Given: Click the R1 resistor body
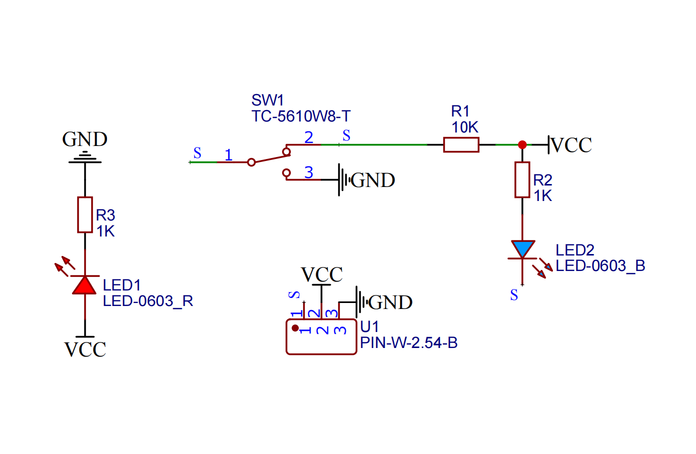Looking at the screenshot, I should [461, 145].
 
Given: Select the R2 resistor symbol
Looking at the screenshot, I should [522, 179].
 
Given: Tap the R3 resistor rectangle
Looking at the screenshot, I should [85, 215].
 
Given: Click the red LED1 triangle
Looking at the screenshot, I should [85, 284].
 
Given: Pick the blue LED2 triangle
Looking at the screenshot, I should [522, 248].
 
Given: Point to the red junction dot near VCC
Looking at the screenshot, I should [522, 145].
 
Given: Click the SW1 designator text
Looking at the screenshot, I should [268, 100].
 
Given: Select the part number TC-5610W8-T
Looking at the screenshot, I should [301, 116].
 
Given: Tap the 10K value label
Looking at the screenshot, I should [465, 127].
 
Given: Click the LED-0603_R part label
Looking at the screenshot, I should [148, 301].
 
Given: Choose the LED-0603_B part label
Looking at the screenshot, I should [600, 266].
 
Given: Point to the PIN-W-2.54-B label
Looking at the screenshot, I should [408, 343].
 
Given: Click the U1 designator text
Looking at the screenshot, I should [370, 327].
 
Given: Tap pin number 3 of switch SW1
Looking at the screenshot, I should [309, 172].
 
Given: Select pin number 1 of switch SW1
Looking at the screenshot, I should [229, 155].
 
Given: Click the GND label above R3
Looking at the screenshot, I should [85, 139].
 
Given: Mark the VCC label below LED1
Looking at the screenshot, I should [85, 349].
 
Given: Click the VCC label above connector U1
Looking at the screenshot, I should [322, 274].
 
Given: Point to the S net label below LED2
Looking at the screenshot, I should [514, 295].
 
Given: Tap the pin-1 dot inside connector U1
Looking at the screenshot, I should [295, 328].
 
